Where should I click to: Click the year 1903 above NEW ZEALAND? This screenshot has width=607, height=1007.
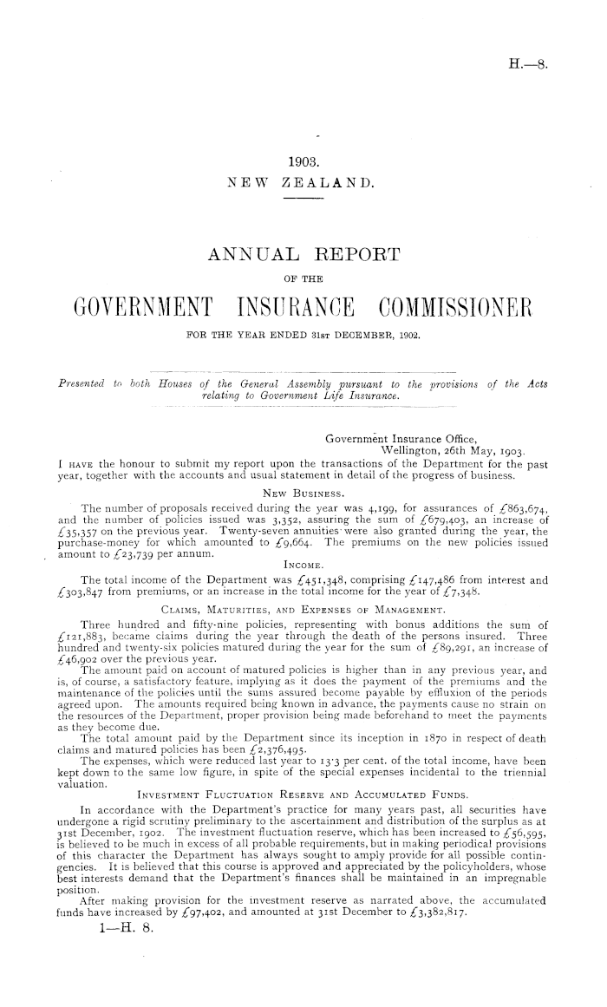(303, 161)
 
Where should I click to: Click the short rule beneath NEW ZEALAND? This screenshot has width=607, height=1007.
(303, 199)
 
